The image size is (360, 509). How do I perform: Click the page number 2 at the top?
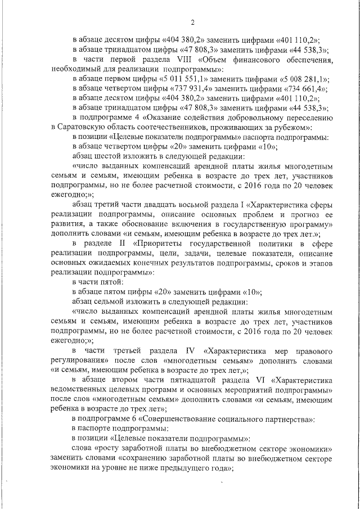(x=192, y=22)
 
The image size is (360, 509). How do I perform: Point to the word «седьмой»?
(x=112, y=301)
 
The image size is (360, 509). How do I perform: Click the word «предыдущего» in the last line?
(x=190, y=467)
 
